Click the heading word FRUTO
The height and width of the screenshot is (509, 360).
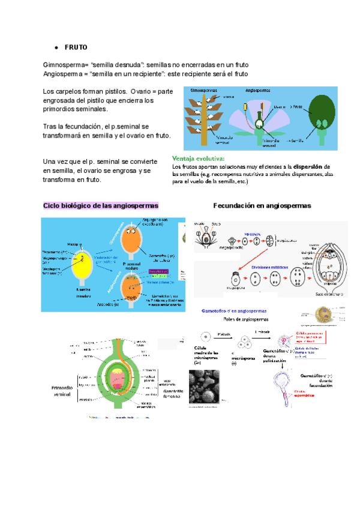tap(76, 47)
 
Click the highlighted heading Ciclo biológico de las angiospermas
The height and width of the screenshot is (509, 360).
tap(101, 205)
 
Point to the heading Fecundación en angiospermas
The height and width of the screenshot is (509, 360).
tap(262, 205)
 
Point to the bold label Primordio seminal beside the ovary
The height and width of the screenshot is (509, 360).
tap(60, 391)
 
